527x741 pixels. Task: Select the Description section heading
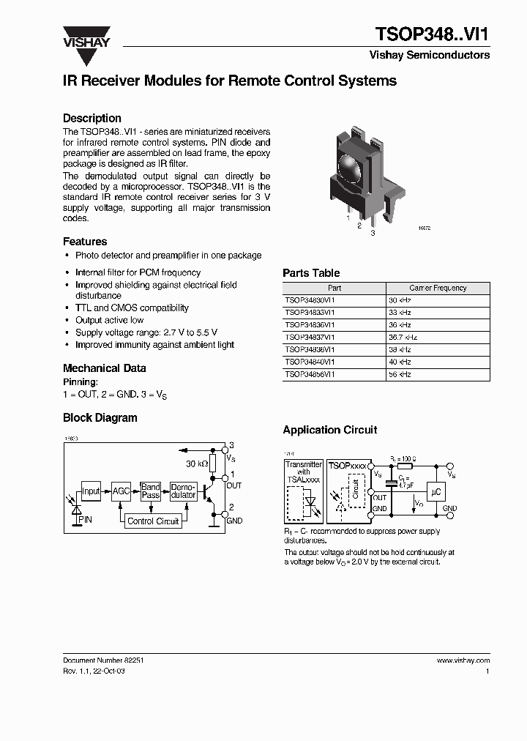(91, 118)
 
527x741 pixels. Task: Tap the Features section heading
(85, 241)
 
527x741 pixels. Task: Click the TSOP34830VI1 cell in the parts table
(310, 300)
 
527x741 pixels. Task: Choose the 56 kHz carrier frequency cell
(400, 374)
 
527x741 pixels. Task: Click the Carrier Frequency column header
(438, 288)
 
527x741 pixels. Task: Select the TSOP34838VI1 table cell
(310, 349)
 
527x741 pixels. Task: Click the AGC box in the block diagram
(121, 492)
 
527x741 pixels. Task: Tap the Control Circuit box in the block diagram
(153, 521)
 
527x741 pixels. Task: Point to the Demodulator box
(182, 491)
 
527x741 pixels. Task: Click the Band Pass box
(151, 491)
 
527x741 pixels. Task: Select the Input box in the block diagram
(91, 492)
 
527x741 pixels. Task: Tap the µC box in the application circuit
(437, 494)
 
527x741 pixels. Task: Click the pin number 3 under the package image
(373, 233)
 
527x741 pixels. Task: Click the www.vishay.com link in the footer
(463, 660)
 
